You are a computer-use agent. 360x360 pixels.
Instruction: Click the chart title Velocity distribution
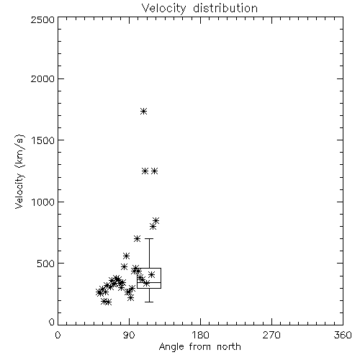click(199, 8)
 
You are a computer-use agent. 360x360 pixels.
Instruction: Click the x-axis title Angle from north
click(199, 346)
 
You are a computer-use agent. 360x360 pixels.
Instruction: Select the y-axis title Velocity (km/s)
click(19, 171)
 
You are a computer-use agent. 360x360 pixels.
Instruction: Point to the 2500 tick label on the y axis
click(42, 19)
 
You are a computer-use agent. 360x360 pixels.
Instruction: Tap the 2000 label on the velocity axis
click(42, 78)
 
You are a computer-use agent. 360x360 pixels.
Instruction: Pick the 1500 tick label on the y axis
click(43, 140)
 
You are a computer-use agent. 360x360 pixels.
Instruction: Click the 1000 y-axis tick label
click(43, 202)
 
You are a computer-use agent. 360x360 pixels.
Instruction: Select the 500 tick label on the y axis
click(46, 264)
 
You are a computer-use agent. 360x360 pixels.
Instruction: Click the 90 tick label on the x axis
click(129, 335)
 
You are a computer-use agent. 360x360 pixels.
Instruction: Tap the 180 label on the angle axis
click(200, 335)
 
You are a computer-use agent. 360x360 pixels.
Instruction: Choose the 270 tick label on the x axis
click(271, 335)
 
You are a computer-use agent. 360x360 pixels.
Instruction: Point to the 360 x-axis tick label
click(343, 335)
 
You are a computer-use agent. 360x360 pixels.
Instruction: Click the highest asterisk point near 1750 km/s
click(143, 111)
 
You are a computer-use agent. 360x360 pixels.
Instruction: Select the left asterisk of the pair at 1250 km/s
click(145, 171)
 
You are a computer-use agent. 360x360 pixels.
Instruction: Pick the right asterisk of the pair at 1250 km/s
click(155, 171)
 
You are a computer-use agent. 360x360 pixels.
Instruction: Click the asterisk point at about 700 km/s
click(137, 238)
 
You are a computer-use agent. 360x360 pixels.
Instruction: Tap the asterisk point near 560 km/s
click(126, 256)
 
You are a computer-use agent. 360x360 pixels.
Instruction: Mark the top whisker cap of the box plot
click(149, 238)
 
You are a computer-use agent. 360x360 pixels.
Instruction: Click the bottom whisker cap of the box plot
click(149, 302)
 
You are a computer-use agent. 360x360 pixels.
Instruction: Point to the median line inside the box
click(149, 282)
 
